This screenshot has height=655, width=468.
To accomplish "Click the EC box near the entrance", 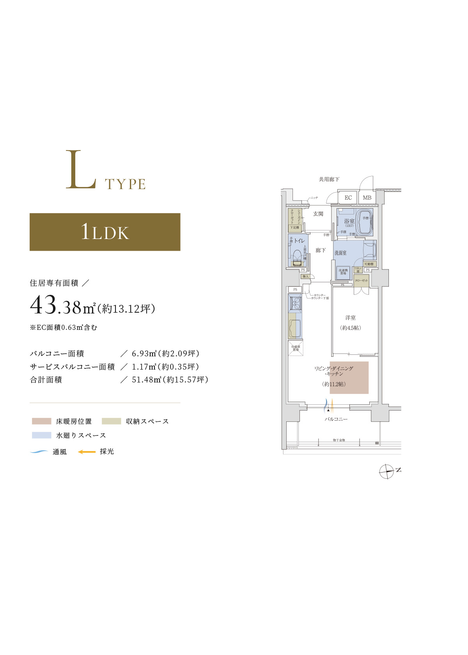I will (348, 198).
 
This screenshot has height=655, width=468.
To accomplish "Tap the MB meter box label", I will (367, 198).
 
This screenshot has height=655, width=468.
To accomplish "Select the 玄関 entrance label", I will (318, 214).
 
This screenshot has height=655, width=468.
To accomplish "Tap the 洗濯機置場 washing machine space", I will (343, 272).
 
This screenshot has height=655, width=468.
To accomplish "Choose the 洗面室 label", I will (340, 253).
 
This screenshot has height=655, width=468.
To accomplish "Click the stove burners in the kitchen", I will (295, 303).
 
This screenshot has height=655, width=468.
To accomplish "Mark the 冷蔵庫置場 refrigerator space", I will (296, 348).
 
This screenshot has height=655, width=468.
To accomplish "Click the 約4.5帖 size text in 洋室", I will (350, 328).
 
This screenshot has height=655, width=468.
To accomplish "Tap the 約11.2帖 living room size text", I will (334, 384).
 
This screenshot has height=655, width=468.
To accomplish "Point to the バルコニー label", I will (336, 419).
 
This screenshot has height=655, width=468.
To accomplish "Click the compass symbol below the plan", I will (387, 471).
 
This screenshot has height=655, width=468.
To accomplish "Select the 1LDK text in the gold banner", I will (105, 232).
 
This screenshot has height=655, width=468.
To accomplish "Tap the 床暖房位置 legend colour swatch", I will (42, 421).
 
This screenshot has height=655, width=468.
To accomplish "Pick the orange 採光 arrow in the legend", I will (87, 452).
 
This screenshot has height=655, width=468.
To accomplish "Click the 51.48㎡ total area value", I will (146, 380).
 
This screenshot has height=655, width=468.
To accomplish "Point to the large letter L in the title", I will (80, 170).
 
